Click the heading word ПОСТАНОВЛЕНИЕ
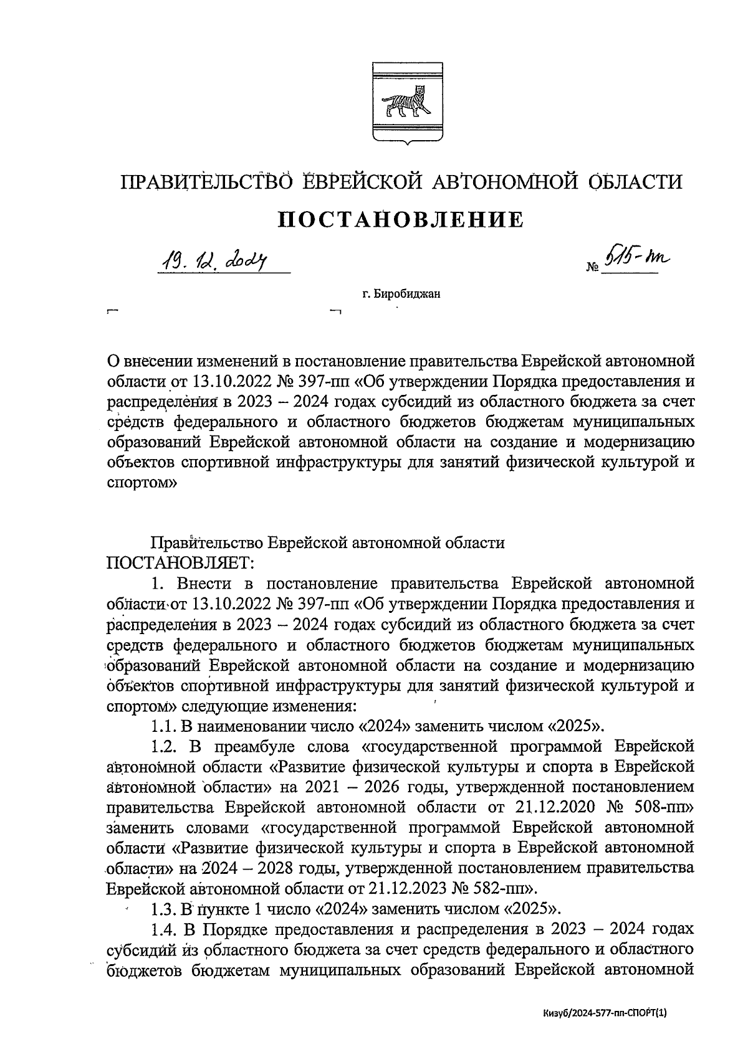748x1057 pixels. (x=400, y=219)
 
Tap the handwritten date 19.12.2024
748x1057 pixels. (x=211, y=260)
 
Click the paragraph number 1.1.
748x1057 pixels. (x=164, y=726)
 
